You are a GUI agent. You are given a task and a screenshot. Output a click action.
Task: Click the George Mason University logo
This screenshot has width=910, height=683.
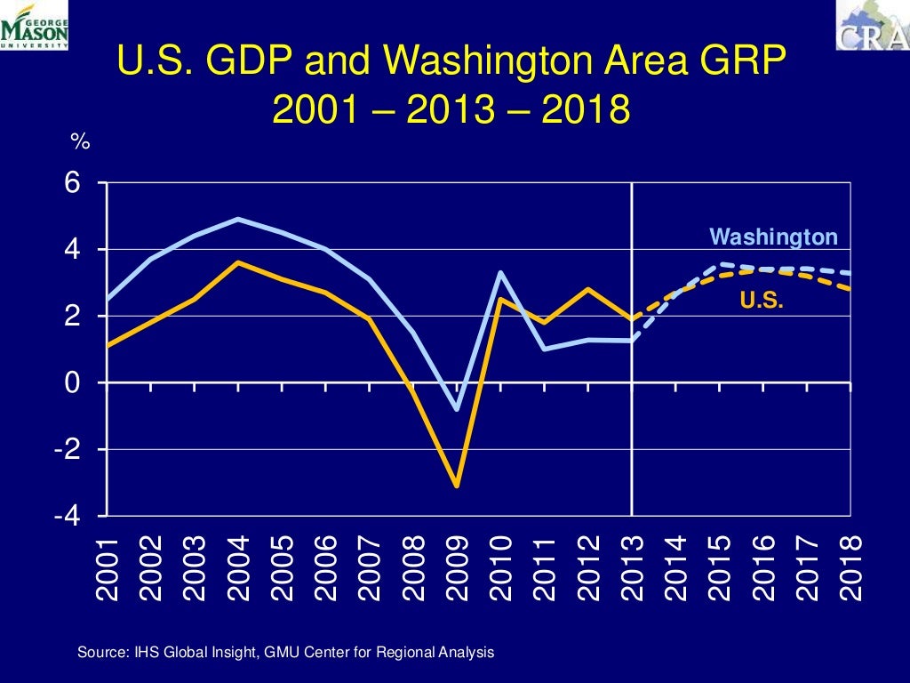pyautogui.click(x=34, y=25)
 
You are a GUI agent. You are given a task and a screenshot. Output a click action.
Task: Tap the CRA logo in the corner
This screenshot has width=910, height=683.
pyautogui.click(x=872, y=25)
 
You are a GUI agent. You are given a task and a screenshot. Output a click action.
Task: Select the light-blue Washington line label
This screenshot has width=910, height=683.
pyautogui.click(x=773, y=237)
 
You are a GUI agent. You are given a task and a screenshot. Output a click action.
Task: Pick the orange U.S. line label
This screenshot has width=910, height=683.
pyautogui.click(x=762, y=301)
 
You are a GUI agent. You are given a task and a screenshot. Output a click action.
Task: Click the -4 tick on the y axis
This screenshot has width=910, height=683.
pyautogui.click(x=68, y=517)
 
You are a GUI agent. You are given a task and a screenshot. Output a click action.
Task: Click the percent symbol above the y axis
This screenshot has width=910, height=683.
pyautogui.click(x=80, y=141)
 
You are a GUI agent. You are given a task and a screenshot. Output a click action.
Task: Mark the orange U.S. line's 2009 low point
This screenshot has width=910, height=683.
pyautogui.click(x=456, y=486)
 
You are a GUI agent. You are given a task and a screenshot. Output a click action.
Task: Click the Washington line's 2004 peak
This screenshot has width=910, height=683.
pyautogui.click(x=238, y=219)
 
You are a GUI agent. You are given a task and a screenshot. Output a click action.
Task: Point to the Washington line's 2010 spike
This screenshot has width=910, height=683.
pyautogui.click(x=500, y=273)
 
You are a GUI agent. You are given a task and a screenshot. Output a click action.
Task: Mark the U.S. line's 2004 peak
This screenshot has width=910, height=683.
pyautogui.click(x=238, y=262)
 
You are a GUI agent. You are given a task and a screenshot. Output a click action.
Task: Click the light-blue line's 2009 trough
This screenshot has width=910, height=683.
pyautogui.click(x=457, y=410)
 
